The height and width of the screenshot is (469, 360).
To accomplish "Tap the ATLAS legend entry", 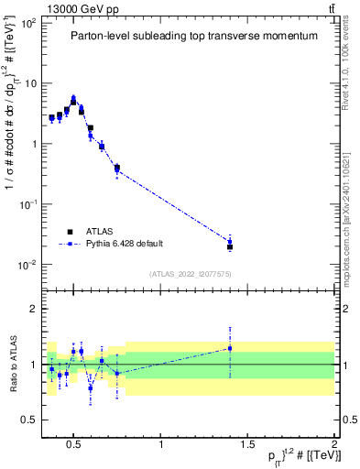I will (x=97, y=232).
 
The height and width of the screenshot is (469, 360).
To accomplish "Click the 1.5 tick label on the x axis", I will (x=247, y=445).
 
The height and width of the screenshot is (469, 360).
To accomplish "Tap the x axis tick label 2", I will (x=333, y=445).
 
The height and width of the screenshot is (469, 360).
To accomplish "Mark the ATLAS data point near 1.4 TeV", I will (x=230, y=247).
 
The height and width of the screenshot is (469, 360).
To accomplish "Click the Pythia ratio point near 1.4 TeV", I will (x=230, y=348).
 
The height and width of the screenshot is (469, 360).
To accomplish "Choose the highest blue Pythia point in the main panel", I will (x=73, y=97).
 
